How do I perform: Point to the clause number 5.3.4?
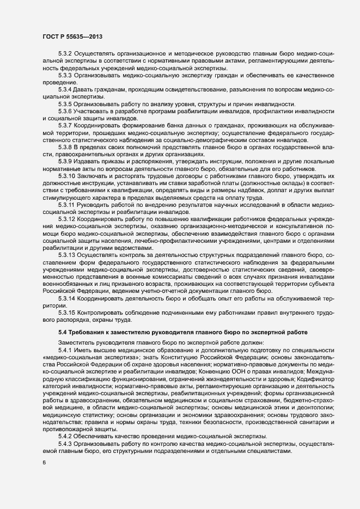tap(65, 89)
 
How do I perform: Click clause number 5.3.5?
tap(65, 104)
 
